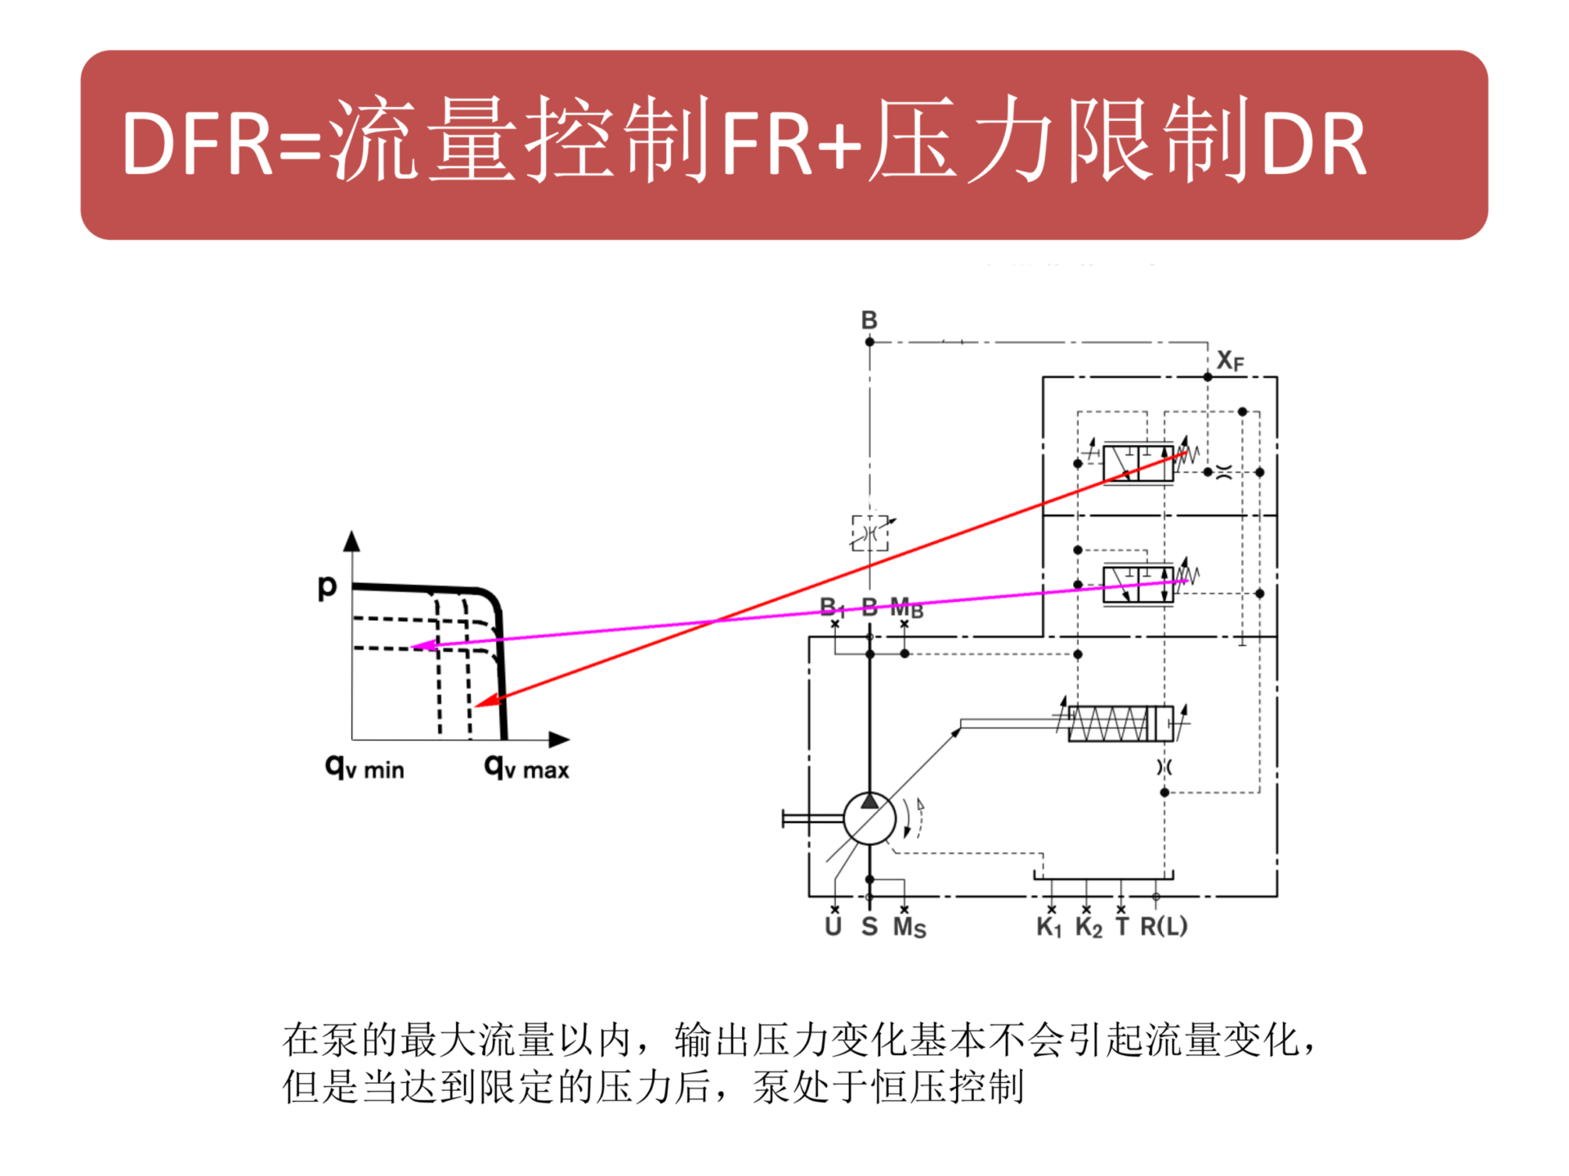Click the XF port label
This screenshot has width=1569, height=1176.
click(x=1230, y=360)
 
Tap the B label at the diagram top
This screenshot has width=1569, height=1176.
click(x=869, y=320)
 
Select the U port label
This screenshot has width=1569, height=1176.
click(x=833, y=926)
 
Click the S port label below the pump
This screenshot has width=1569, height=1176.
click(x=869, y=926)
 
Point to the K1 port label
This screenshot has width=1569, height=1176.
click(x=1048, y=927)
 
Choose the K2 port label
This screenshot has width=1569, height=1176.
click(x=1088, y=927)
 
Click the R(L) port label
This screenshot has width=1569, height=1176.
click(x=1164, y=926)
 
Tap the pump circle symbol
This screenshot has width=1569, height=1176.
click(x=869, y=818)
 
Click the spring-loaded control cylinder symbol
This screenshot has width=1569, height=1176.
click(x=1120, y=724)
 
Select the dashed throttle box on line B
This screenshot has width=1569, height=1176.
click(x=870, y=533)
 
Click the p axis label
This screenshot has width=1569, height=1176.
click(x=327, y=586)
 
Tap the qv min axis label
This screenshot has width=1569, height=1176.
click(x=364, y=768)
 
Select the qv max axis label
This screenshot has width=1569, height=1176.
click(x=526, y=768)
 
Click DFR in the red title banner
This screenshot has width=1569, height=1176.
click(x=196, y=145)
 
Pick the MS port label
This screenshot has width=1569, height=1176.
click(x=910, y=927)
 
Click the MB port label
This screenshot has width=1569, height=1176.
click(x=906, y=608)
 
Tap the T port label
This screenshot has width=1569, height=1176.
click(x=1122, y=926)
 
